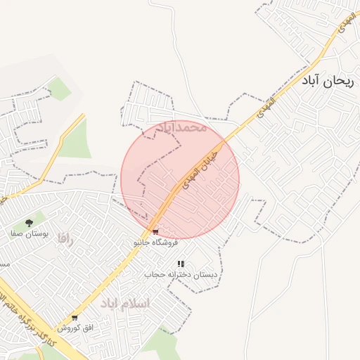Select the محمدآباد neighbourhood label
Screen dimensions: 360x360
181,128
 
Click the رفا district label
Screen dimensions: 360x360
65,239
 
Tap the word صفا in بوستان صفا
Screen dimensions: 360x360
17,234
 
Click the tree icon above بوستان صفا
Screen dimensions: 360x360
29,223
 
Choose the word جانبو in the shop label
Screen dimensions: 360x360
143,242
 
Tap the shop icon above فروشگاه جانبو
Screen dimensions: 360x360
155,231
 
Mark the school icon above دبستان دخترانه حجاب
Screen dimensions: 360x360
181,264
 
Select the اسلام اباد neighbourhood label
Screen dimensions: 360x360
124,303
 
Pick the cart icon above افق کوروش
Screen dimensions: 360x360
75,318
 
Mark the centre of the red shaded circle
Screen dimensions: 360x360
181,179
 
